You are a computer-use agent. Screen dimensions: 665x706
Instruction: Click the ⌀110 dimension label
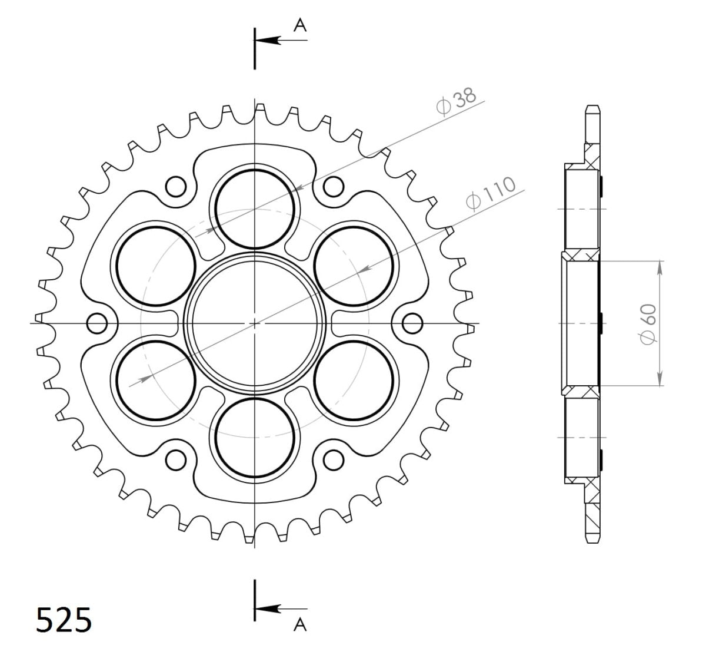[x=490, y=193]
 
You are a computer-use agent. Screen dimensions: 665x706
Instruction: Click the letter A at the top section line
[x=300, y=24]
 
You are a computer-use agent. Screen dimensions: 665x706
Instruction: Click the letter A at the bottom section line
[x=300, y=625]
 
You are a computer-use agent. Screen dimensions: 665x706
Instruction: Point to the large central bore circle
[x=255, y=323]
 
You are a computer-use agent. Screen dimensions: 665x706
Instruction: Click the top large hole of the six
[x=255, y=207]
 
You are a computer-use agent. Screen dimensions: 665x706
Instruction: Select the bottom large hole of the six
[x=255, y=438]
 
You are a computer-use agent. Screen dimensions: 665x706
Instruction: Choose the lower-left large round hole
[x=156, y=381]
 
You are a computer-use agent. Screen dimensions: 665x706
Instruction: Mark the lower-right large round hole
[x=354, y=381]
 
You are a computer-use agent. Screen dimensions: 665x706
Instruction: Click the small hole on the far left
[x=96, y=323]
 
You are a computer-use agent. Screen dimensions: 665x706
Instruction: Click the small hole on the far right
[x=412, y=323]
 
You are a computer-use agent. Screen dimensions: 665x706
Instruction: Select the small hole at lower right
[x=334, y=459]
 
